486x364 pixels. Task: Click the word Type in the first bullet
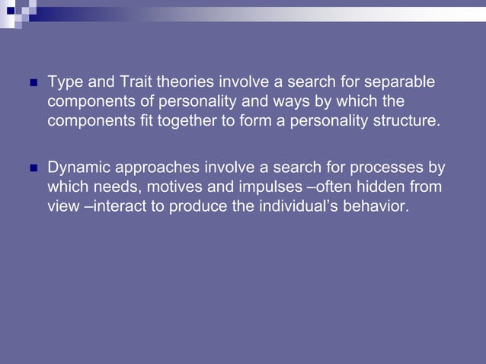pos(63,81)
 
